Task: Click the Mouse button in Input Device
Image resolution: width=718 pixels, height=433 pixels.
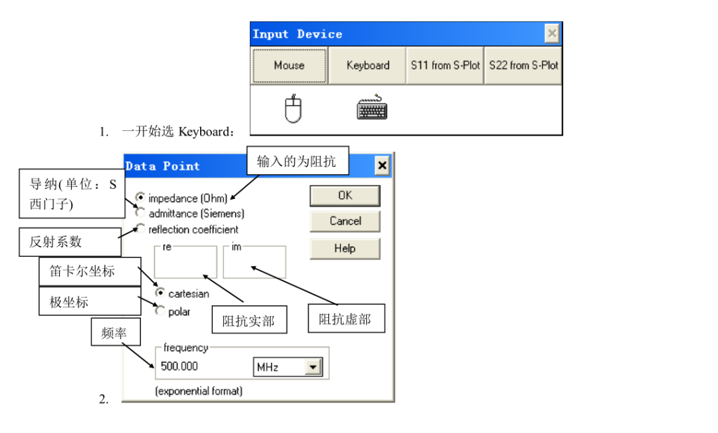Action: (289, 66)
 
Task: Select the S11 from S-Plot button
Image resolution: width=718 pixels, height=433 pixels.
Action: (445, 66)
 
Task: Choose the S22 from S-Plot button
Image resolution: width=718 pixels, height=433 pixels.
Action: (523, 66)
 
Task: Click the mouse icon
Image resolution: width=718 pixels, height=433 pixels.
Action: (293, 108)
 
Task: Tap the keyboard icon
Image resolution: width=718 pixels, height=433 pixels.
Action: (372, 108)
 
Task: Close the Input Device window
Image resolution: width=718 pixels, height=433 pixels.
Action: (552, 33)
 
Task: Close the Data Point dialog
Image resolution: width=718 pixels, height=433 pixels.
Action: (382, 166)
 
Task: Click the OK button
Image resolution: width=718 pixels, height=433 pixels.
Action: (345, 196)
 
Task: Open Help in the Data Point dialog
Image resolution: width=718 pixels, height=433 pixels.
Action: (345, 248)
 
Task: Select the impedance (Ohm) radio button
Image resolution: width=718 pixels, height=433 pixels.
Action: (140, 198)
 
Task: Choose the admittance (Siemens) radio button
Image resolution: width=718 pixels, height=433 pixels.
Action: (140, 213)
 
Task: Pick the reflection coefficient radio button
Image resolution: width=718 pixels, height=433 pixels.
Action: (140, 228)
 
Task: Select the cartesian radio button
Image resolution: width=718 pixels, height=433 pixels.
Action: (160, 293)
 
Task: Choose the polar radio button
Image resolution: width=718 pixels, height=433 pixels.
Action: (160, 311)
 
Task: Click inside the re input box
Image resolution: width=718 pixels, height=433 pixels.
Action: (185, 263)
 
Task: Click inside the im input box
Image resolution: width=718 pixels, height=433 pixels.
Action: (254, 263)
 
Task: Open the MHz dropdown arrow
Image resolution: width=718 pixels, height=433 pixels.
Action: (313, 367)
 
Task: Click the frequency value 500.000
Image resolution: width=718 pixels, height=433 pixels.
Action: (179, 366)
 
